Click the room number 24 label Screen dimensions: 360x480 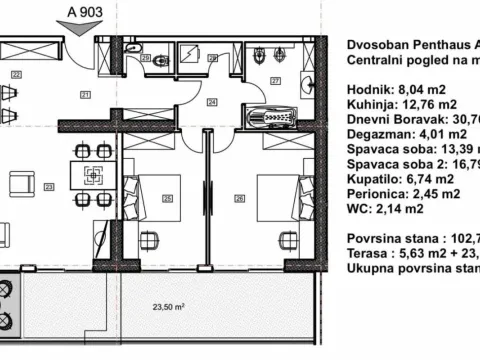[213, 101]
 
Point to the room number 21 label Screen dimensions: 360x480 [86, 95]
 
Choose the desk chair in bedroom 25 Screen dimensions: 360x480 [150, 241]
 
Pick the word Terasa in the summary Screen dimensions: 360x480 [367, 254]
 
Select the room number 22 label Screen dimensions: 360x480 [16, 74]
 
